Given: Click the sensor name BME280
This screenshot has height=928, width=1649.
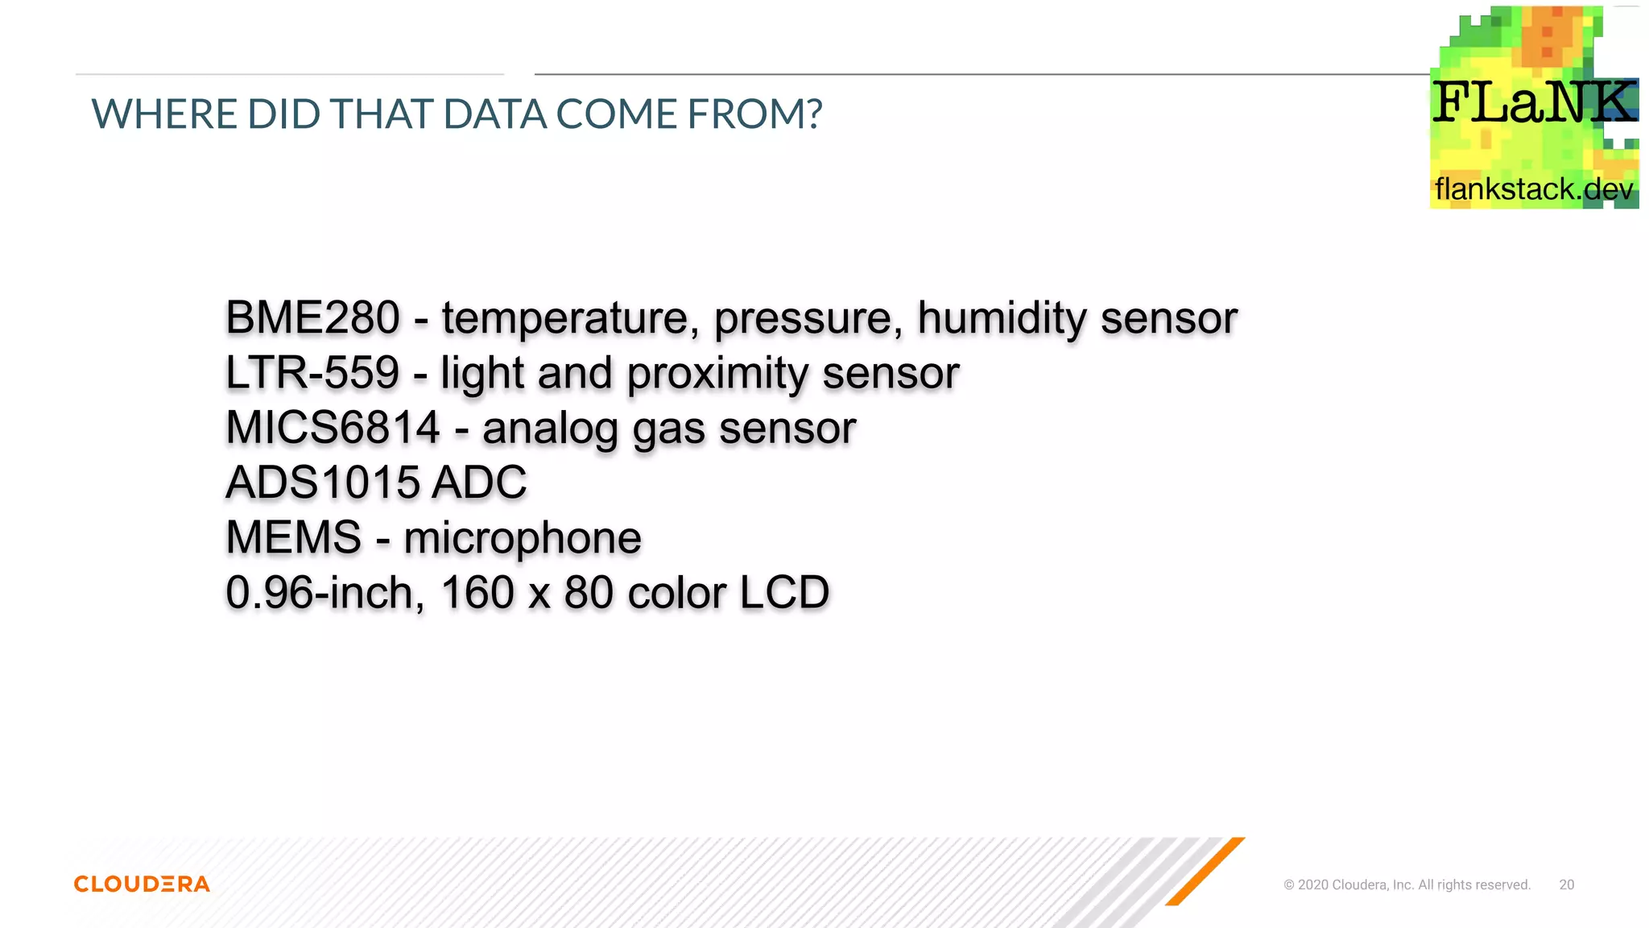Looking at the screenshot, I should coord(312,317).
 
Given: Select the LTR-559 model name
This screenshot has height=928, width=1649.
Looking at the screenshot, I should coord(312,373).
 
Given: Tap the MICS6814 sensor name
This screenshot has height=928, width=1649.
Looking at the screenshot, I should coord(333,428).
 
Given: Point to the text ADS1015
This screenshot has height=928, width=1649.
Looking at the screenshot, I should coord(323,483).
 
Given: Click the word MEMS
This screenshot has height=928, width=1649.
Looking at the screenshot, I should coord(294,537).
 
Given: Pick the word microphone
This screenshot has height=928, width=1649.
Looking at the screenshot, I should coord(523,538).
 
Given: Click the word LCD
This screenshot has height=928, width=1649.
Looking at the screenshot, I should coord(784,593).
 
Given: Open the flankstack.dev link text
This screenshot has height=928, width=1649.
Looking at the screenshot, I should coord(1534,189).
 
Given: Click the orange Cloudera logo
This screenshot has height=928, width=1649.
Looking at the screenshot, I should coord(142,884).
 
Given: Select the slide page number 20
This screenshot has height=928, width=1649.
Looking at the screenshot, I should coord(1566,884).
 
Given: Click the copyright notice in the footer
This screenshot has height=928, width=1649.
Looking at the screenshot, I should coord(1407,884).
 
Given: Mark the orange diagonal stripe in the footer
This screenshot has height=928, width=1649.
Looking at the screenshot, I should coord(1205,871).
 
